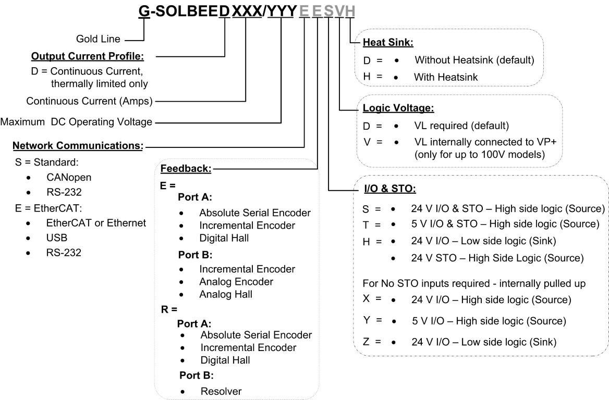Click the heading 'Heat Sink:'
(387, 42)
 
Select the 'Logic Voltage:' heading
(398, 108)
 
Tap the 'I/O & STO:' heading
(390, 189)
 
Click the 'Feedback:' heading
(186, 168)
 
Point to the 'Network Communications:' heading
(78, 145)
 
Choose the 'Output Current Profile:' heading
(88, 56)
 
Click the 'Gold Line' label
(98, 39)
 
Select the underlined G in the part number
(144, 11)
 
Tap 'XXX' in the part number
(247, 11)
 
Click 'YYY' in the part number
(282, 11)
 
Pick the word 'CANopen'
(69, 177)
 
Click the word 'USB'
(57, 238)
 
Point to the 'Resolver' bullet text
(221, 391)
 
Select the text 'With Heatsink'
(446, 77)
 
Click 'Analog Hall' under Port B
(226, 294)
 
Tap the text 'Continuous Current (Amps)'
(89, 101)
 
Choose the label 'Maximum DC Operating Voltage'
(76, 122)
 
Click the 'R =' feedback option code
(169, 309)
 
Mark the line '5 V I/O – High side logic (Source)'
(489, 321)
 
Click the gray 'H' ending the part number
(350, 11)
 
